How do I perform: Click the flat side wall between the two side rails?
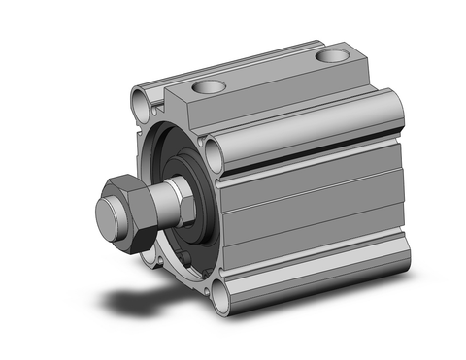[311, 209]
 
